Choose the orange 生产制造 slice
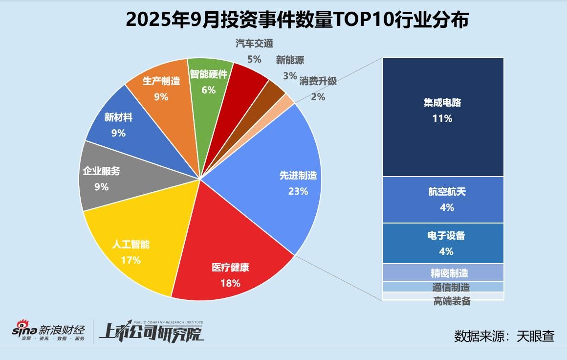coord(161,88)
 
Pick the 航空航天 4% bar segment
coord(443,200)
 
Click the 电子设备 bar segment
coord(443,243)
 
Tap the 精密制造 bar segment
coord(443,272)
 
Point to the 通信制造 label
coord(451,287)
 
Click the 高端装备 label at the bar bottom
coord(452,301)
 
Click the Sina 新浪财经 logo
coord(49,331)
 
